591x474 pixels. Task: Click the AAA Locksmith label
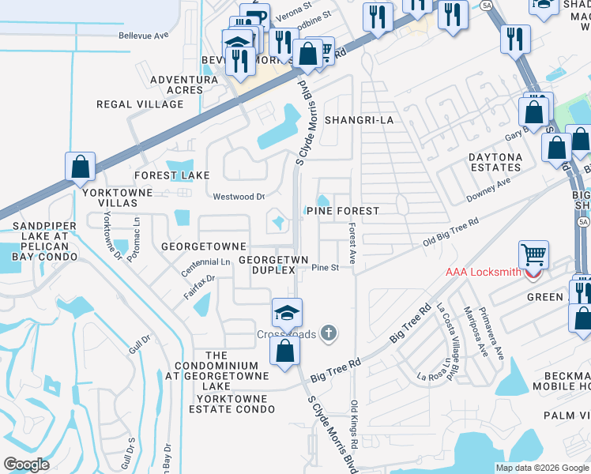(482, 273)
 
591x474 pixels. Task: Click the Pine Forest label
(343, 212)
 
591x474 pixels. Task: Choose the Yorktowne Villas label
(107, 197)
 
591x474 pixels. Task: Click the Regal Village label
(139, 104)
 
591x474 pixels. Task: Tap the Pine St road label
(325, 268)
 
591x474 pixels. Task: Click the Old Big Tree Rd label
(450, 234)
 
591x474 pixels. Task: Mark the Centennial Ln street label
(205, 261)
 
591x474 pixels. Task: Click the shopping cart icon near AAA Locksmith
(534, 254)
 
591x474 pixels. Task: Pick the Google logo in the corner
(26, 464)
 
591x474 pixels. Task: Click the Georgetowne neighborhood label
(204, 246)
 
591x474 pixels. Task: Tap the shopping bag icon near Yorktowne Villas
(81, 167)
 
